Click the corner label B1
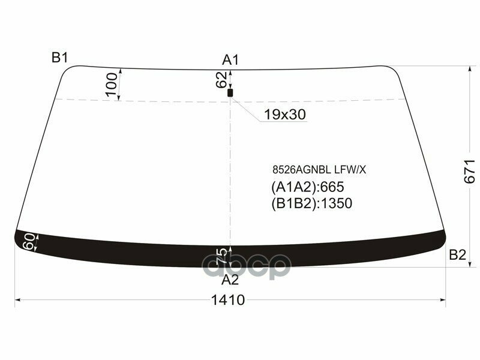59,58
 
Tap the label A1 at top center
231,59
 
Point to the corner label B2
457,255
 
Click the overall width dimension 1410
228,300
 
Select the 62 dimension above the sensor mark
221,79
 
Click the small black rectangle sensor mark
230,93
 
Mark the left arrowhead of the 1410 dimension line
17,299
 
